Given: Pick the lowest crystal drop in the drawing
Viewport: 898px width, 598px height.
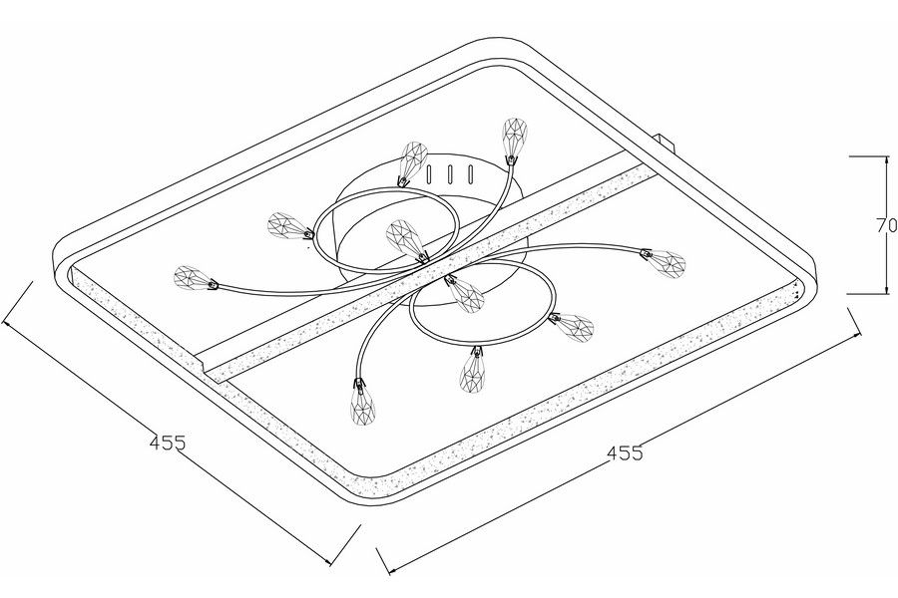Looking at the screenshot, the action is (363, 407).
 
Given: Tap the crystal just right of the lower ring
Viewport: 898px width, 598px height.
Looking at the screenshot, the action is (573, 327).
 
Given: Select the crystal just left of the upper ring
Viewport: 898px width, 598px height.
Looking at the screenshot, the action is (289, 225).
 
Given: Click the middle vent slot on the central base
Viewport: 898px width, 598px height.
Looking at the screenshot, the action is (451, 173).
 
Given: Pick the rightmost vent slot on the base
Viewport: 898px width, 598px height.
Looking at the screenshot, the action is (471, 173).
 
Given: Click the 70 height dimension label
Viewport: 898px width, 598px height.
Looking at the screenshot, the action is (887, 226).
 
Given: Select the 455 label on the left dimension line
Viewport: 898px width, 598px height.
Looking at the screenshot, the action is (168, 443).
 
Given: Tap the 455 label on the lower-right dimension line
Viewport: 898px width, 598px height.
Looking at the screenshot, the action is (625, 453).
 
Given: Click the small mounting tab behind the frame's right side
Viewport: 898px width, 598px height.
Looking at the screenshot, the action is (666, 142).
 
